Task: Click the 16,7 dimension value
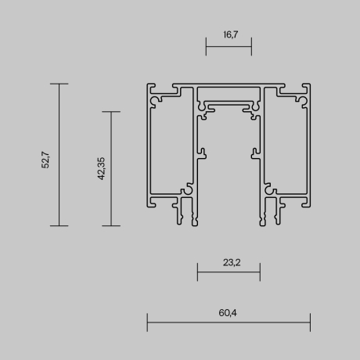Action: [229, 34]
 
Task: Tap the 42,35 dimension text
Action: [100, 168]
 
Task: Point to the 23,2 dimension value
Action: [229, 263]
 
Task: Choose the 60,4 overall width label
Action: [229, 312]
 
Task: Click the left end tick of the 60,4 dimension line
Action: [147, 321]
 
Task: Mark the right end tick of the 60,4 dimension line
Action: [310, 321]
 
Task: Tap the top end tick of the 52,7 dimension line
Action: [59, 83]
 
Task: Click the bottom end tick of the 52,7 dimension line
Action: [59, 225]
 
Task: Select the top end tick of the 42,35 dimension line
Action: [112, 112]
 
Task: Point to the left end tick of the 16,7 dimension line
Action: [206, 46]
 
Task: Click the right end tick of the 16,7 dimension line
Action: [251, 46]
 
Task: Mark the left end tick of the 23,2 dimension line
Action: [197, 272]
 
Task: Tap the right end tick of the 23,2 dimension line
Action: [260, 272]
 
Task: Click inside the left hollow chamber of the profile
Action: [168, 149]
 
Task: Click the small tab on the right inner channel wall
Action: [254, 149]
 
